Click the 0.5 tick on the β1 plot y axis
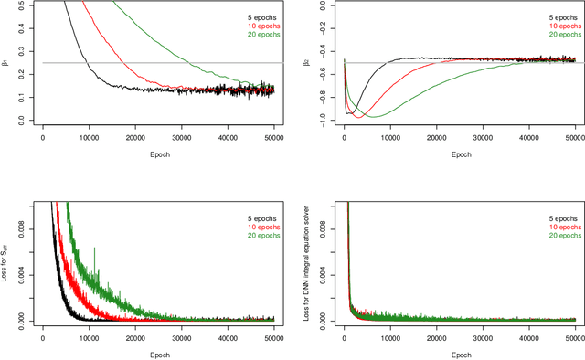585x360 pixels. click(19, 4)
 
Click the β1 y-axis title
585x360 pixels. click(7, 62)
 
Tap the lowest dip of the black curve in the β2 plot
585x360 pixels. click(348, 113)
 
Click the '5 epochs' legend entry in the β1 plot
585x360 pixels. click(255, 16)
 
